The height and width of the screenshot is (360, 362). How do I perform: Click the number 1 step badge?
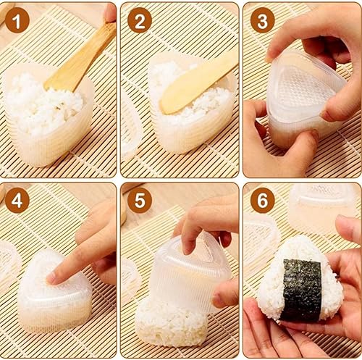(17, 20)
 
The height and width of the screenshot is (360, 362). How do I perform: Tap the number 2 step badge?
(140, 20)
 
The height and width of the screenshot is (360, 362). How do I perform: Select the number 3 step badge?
(263, 20)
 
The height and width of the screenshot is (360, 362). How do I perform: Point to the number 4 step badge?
(17, 201)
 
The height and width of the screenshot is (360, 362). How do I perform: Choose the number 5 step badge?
(140, 201)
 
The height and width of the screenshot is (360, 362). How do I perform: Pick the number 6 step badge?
(263, 201)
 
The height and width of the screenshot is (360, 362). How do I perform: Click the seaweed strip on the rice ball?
(302, 290)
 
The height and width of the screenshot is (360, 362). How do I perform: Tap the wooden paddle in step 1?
(80, 58)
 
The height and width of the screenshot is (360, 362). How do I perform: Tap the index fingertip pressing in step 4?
(52, 277)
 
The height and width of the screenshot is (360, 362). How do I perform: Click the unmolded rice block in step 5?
(171, 325)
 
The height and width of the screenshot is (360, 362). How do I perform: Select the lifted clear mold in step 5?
(190, 270)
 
